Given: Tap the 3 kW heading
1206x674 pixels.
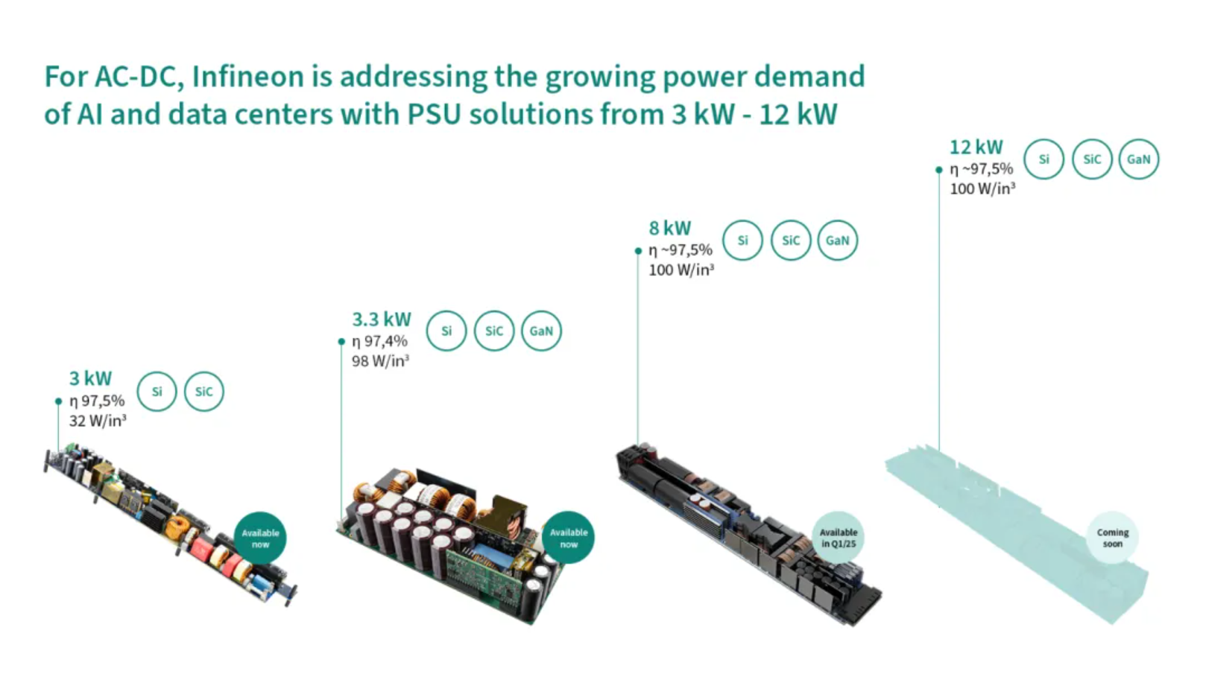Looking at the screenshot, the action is (90, 378).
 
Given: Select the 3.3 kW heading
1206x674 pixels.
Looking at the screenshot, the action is (381, 319).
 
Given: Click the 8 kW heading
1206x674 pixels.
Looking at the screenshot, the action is (670, 228).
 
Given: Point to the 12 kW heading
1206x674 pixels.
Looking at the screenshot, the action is (976, 147).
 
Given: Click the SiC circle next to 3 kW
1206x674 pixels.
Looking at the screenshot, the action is (203, 392).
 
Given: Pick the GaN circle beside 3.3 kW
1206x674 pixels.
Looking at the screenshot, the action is (541, 331).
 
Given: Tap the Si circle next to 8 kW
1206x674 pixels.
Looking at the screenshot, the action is (742, 241).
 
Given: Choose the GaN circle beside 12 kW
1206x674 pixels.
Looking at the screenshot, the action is (1139, 159).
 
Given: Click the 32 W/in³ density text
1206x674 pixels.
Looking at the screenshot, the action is (98, 421).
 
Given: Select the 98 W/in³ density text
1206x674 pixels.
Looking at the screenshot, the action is (380, 361).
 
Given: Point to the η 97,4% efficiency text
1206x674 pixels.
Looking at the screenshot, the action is (379, 341).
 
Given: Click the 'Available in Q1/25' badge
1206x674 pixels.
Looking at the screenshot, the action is (839, 538).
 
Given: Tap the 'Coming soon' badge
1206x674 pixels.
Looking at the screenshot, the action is (1112, 538).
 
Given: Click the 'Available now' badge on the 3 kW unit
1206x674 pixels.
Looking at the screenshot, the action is (260, 538).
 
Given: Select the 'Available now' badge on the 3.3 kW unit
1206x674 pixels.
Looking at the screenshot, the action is (569, 538).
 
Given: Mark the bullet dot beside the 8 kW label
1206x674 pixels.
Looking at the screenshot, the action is (639, 251).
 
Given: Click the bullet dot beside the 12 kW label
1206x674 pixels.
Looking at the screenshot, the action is (939, 170).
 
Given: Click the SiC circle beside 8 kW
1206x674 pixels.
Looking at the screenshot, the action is (790, 241).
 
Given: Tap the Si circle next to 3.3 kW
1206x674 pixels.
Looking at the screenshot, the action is (446, 331).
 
